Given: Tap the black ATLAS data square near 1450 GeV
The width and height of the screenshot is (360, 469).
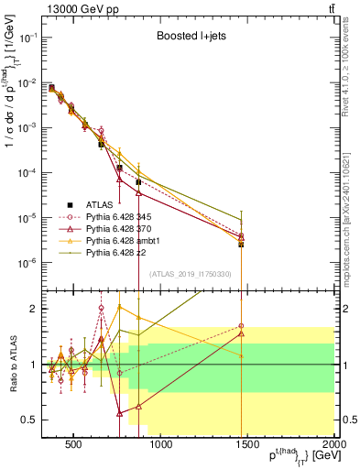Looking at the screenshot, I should pos(241,244).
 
